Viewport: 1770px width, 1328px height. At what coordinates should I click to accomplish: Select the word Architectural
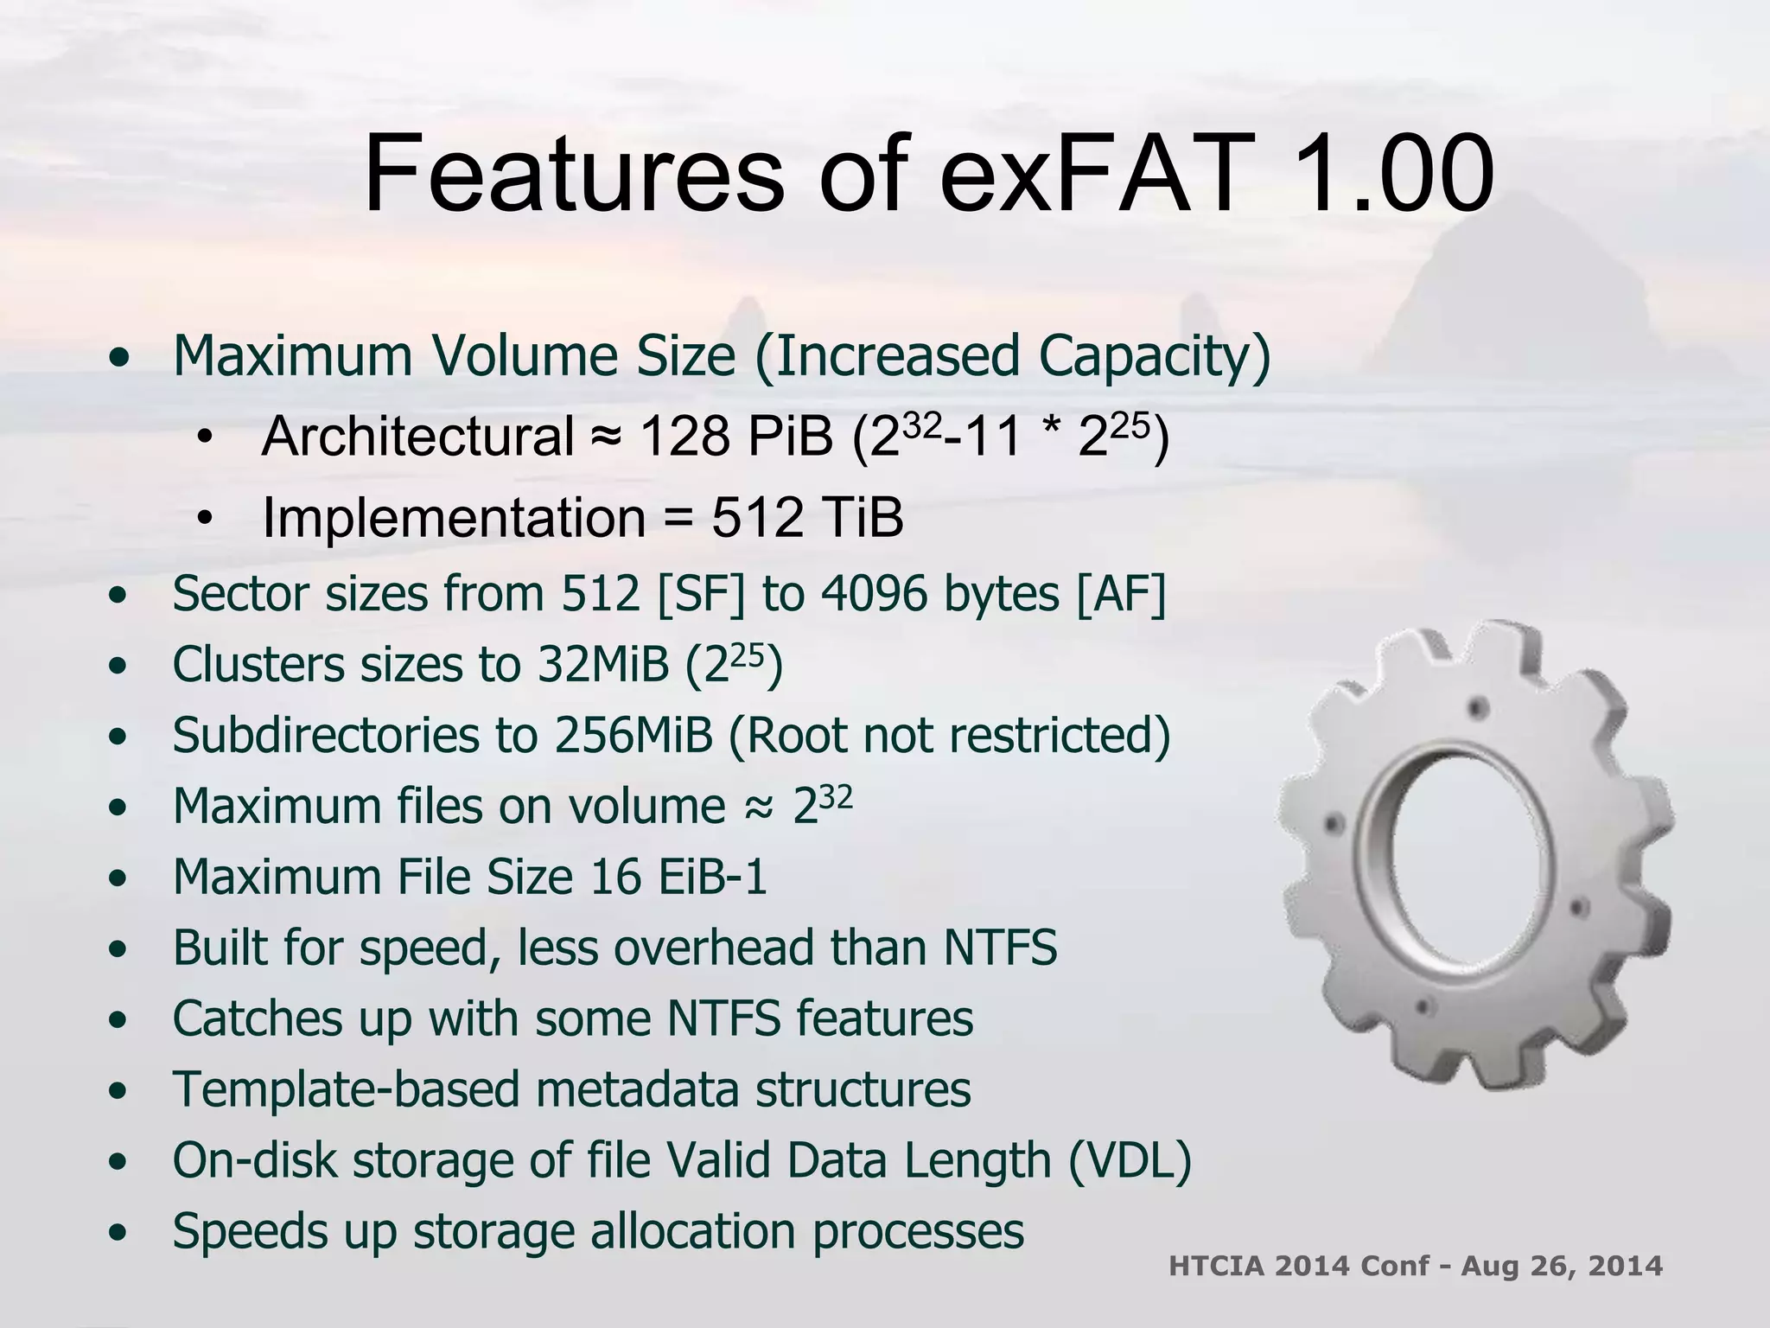click(417, 436)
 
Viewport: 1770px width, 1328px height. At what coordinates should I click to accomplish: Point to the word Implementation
click(454, 517)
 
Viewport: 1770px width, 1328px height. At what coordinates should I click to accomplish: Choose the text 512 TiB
click(807, 517)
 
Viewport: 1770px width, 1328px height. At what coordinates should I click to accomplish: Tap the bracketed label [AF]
click(1121, 594)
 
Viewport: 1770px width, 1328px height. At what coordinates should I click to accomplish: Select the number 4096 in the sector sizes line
click(873, 594)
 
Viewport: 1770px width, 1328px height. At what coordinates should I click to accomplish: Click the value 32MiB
click(603, 665)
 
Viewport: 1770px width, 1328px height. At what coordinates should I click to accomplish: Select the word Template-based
click(346, 1089)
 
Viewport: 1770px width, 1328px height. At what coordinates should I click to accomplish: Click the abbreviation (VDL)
click(1130, 1160)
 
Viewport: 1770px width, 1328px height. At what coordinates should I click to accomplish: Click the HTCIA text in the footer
click(1217, 1266)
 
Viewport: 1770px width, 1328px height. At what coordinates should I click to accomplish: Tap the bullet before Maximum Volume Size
click(120, 356)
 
